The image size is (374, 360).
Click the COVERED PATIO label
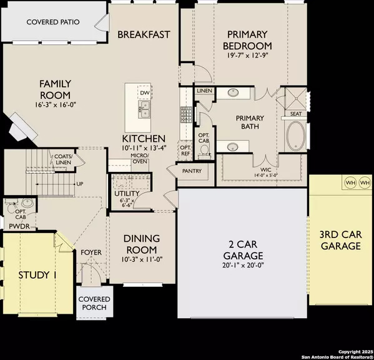[52, 22]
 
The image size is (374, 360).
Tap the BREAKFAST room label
[144, 34]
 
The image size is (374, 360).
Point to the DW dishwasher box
[144, 93]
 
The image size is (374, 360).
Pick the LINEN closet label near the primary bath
[204, 91]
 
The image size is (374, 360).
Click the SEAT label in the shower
[293, 114]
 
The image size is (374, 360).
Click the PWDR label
[15, 225]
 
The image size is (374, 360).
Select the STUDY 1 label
[37, 275]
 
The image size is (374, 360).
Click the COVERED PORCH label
[94, 303]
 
